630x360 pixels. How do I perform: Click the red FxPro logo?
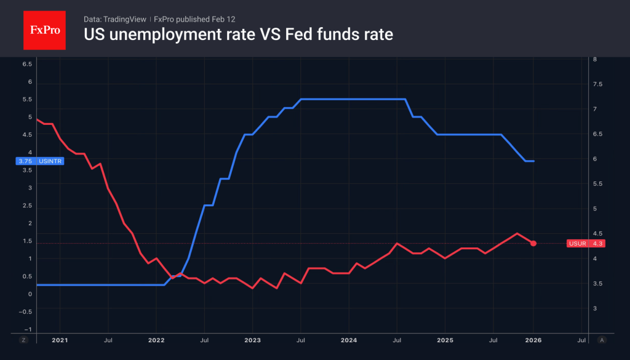(44, 30)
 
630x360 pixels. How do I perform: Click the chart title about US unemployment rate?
(238, 35)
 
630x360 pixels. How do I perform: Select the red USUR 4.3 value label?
(586, 244)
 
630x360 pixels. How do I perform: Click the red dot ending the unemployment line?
(533, 244)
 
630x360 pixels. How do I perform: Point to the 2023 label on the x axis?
(252, 340)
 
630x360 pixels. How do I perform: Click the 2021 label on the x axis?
(60, 340)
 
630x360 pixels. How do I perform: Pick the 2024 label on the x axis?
(349, 340)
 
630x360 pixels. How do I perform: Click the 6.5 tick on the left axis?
(27, 64)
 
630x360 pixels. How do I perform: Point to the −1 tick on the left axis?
(27, 329)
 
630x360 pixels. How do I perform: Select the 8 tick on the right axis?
(594, 60)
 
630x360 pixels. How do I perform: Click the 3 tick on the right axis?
(594, 308)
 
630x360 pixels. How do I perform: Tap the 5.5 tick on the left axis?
(27, 100)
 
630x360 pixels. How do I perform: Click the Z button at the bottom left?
(23, 340)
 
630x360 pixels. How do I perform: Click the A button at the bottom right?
(601, 340)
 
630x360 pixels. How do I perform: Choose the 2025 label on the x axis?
(445, 340)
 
